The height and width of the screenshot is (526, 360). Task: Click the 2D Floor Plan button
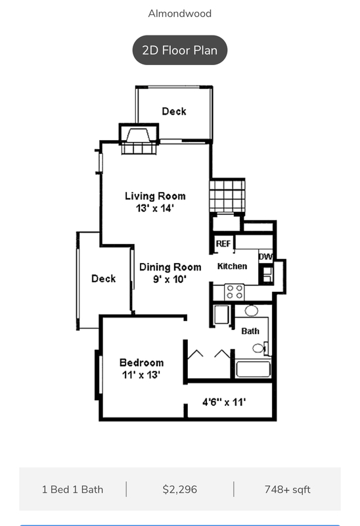(x=180, y=50)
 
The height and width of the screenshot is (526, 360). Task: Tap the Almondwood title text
(x=180, y=13)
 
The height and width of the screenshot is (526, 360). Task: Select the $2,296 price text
(x=180, y=489)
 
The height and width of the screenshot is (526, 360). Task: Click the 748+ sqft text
(x=288, y=489)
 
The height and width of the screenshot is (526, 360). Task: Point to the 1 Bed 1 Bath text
(x=72, y=489)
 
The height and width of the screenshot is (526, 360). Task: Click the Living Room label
(x=155, y=196)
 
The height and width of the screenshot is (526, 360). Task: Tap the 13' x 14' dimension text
(x=155, y=208)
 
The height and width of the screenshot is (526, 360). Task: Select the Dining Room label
(x=170, y=267)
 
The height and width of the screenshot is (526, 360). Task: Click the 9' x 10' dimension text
(x=170, y=279)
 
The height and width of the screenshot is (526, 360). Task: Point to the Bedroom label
(x=141, y=362)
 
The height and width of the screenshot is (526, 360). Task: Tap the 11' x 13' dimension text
(x=141, y=375)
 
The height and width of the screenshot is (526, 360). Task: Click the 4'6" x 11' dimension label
(x=223, y=401)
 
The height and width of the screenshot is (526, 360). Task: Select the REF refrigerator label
(x=223, y=243)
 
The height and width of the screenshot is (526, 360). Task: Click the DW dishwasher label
(x=265, y=256)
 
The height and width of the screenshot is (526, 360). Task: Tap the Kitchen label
(x=233, y=266)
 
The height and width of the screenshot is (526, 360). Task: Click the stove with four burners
(x=235, y=291)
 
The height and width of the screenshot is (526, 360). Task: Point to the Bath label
(x=250, y=331)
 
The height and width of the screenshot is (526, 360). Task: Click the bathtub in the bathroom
(x=253, y=368)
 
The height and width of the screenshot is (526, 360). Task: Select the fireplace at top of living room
(x=138, y=140)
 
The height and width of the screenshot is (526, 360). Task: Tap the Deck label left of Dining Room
(x=103, y=279)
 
